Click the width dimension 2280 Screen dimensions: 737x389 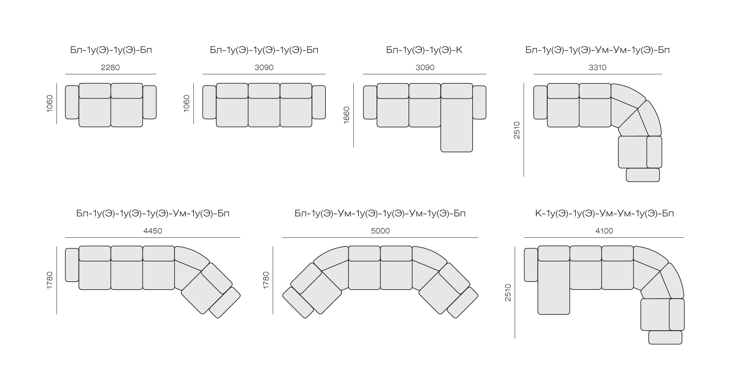click(110, 67)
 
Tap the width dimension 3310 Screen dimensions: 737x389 click(597, 67)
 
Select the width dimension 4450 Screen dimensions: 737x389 click(153, 231)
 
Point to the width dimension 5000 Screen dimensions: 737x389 click(380, 231)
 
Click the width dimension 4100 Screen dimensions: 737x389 click(604, 231)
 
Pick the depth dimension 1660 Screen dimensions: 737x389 click(346, 115)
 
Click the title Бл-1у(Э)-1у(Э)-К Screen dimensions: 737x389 click(424, 50)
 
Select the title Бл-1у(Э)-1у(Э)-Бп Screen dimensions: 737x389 click(111, 50)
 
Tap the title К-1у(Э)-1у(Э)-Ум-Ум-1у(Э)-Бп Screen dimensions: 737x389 click(604, 213)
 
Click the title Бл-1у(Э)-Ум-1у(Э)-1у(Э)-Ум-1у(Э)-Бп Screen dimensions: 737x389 click(380, 213)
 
